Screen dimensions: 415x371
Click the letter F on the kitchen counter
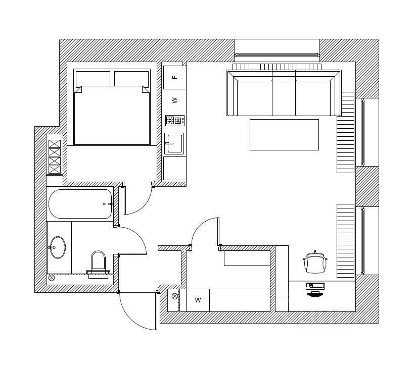pos(175,77)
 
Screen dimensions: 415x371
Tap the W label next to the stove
pos(175,100)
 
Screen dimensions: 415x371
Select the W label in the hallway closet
pos(198,300)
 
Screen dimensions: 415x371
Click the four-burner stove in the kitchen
pos(174,121)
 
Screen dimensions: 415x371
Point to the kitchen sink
pos(174,143)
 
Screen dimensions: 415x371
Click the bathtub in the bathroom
pos(81,204)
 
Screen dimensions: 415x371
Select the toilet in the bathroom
pos(99,263)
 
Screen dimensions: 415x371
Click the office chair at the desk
pos(316,261)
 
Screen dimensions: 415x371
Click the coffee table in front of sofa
pos(284,134)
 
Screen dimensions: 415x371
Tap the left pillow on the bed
pos(93,78)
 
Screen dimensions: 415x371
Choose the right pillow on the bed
pos(131,78)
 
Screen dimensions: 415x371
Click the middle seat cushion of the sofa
pos(284,97)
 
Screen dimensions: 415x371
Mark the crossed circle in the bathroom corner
pos(51,278)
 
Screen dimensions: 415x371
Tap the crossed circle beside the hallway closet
pos(175,296)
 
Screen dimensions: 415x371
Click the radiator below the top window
pos(277,67)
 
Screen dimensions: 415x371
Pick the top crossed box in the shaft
pos(54,143)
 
